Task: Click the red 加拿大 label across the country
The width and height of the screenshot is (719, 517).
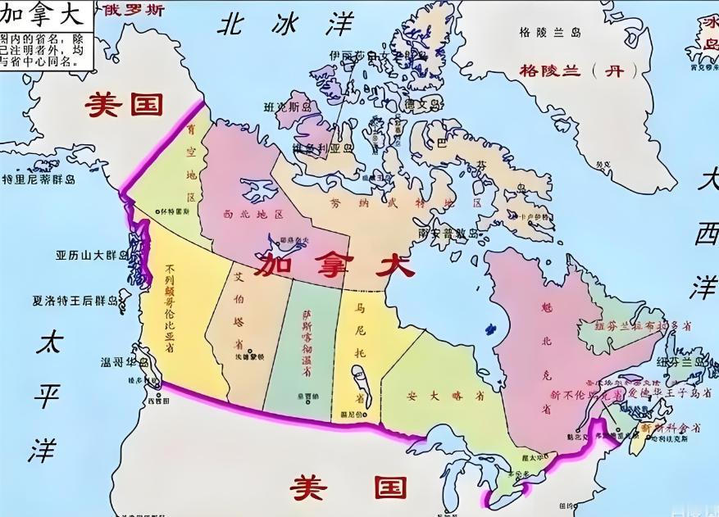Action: (333, 265)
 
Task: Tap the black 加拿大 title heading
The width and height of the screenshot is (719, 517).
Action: (44, 15)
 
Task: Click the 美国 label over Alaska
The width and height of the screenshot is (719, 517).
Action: (125, 104)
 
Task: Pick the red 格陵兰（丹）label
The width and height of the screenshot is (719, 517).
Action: (571, 71)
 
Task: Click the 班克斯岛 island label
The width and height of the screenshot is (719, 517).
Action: (288, 107)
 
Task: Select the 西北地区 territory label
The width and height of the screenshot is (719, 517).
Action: (253, 214)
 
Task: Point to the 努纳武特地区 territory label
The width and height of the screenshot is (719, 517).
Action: (406, 202)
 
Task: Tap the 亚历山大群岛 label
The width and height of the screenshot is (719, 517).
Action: (92, 256)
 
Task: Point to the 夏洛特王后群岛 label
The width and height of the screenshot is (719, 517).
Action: (80, 300)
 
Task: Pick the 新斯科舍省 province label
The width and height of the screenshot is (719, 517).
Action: (671, 428)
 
